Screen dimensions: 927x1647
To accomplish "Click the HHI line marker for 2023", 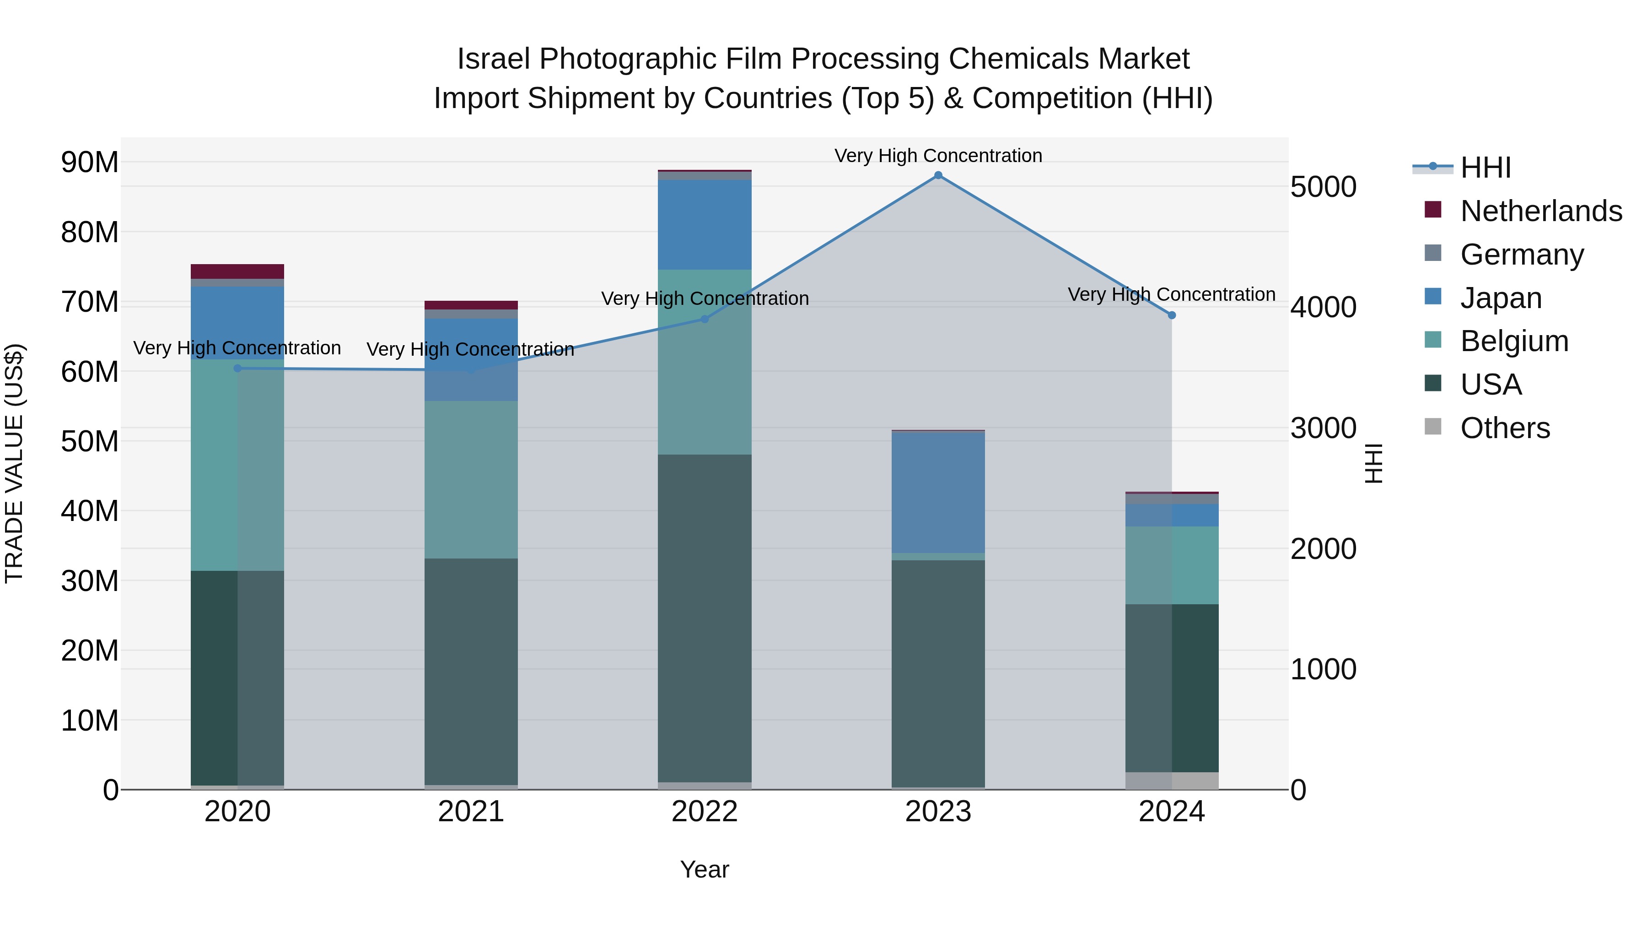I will tap(938, 175).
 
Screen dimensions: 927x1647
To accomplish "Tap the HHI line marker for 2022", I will tap(705, 319).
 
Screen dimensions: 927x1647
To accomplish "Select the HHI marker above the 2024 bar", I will tap(1171, 315).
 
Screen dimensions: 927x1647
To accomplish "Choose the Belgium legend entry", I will tap(1514, 341).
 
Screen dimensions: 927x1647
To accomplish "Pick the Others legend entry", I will tap(1504, 428).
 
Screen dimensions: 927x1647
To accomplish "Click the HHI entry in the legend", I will tap(1485, 168).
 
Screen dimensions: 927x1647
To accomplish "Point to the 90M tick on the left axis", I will tap(90, 163).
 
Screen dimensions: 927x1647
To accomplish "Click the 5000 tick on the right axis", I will tap(1323, 187).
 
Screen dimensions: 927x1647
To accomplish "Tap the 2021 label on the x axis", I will tap(471, 812).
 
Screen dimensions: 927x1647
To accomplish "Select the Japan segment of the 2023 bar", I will tap(938, 492).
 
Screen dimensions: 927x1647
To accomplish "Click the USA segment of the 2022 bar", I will tap(705, 618).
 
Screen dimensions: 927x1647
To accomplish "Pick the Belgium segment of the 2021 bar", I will tap(471, 480).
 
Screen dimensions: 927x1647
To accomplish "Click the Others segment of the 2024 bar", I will tap(1171, 781).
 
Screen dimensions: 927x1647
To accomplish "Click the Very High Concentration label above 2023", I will tap(938, 156).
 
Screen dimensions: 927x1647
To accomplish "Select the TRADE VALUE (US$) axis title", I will tap(14, 463).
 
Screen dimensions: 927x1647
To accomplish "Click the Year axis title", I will tap(705, 869).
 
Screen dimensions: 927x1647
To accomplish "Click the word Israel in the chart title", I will tap(493, 59).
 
